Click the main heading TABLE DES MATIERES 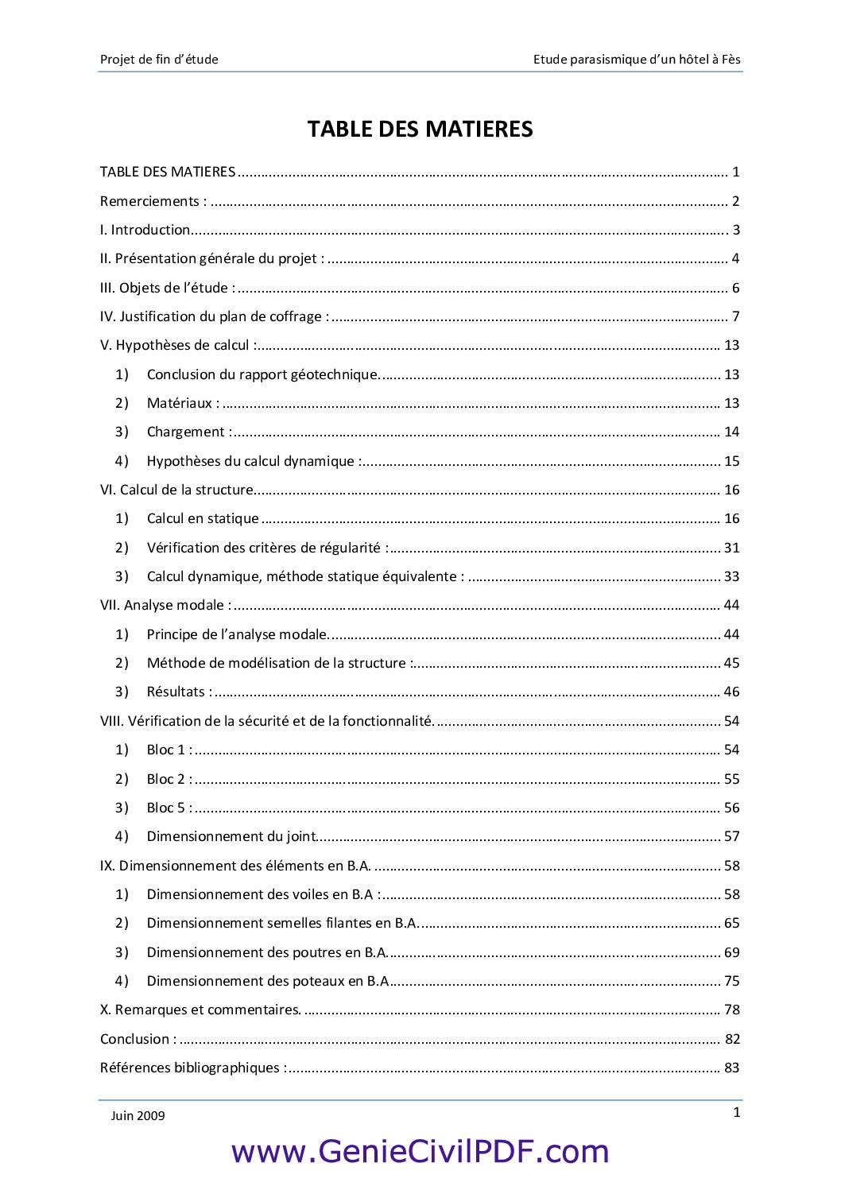[x=420, y=129]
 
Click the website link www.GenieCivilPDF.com [x=420, y=1151]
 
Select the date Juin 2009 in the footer [x=138, y=1115]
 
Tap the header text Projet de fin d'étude [x=159, y=59]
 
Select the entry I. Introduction [x=145, y=230]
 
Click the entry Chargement [x=189, y=432]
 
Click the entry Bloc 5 [x=169, y=808]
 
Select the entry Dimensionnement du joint [x=231, y=836]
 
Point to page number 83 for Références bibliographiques [x=731, y=1068]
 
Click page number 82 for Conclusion [x=732, y=1039]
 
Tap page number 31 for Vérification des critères [x=731, y=548]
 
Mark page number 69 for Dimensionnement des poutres [x=731, y=952]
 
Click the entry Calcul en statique [x=203, y=518]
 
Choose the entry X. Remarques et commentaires [x=200, y=1010]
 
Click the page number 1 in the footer [x=737, y=1112]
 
